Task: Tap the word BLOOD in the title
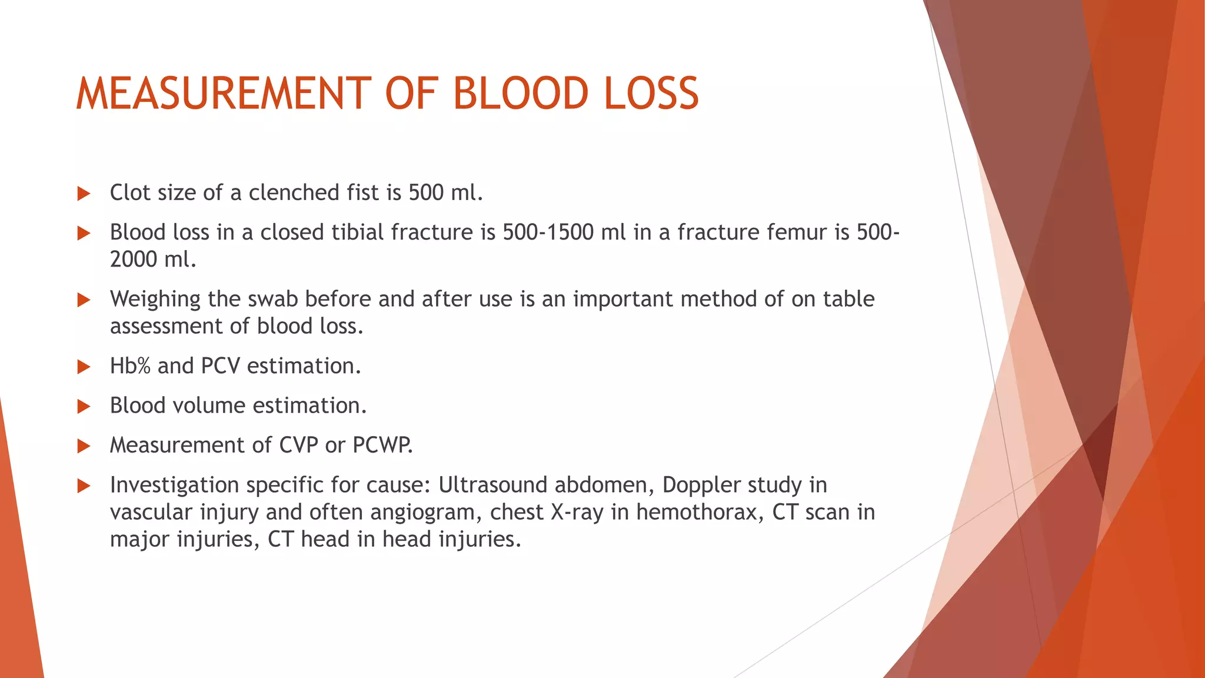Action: [520, 94]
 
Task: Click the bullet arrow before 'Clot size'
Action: [84, 194]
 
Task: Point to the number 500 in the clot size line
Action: [426, 192]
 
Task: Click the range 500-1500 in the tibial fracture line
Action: [548, 232]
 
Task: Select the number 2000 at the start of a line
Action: [134, 259]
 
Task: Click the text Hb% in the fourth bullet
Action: [130, 366]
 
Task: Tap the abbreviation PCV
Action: [220, 366]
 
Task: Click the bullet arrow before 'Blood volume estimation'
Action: [84, 407]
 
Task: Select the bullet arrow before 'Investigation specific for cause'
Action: [84, 486]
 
